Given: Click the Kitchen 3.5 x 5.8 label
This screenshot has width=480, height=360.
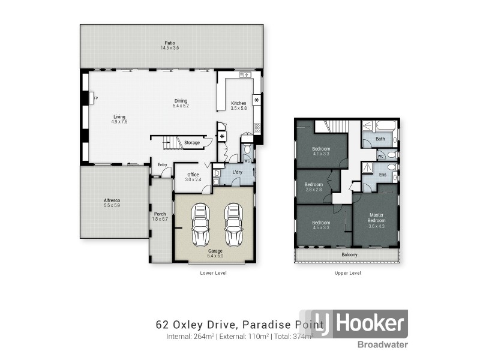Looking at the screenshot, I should [238, 106].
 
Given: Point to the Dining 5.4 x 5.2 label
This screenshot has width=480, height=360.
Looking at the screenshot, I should [181, 103].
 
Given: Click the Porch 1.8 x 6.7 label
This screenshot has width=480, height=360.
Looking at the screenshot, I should [160, 217].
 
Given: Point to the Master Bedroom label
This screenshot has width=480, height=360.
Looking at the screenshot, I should [376, 220].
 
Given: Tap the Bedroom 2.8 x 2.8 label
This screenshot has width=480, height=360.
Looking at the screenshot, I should [314, 187].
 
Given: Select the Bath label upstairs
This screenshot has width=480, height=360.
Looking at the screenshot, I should [380, 139].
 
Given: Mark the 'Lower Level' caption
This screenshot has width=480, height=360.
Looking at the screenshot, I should [213, 272].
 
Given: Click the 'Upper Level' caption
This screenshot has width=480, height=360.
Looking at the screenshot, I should [347, 272].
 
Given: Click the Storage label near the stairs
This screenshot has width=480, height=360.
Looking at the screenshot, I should [192, 143].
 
